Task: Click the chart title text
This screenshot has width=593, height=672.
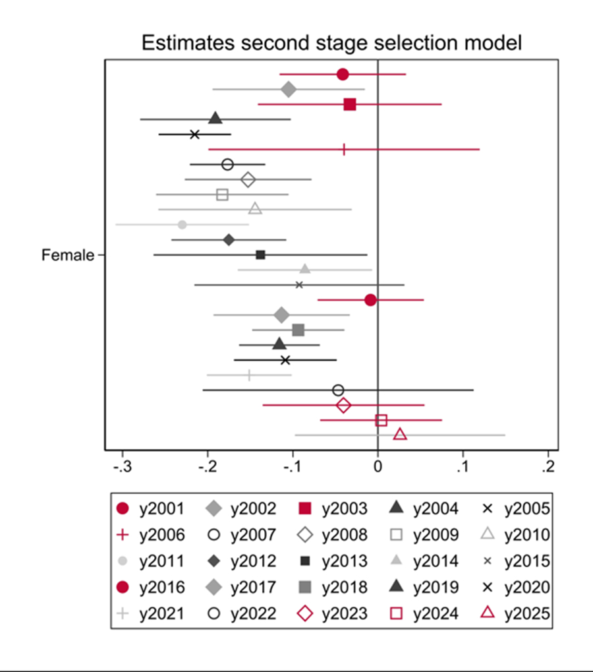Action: point(332,44)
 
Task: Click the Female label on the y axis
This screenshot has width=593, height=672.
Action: point(68,255)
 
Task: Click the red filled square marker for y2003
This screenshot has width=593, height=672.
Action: point(350,104)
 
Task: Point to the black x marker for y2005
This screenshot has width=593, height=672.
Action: point(194,135)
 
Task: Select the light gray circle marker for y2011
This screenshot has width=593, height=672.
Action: point(183,225)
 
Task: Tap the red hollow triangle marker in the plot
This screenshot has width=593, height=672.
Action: point(400,434)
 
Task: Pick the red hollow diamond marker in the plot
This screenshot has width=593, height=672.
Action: point(343,405)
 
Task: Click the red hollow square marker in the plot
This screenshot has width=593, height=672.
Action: point(381,420)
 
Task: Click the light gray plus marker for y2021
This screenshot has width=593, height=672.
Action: point(249,375)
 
